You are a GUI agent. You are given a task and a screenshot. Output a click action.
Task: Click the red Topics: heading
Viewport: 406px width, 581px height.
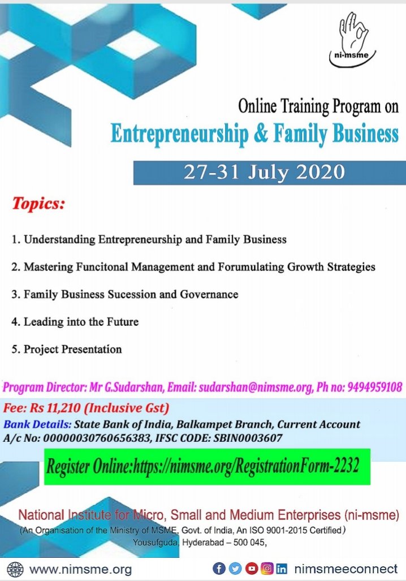click(x=39, y=204)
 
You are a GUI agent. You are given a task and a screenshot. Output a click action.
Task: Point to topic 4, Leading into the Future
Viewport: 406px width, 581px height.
click(x=81, y=322)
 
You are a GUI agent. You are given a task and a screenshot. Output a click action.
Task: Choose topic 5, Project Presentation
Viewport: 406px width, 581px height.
click(x=72, y=349)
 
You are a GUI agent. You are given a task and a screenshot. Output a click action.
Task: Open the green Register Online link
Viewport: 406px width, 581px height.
click(x=207, y=467)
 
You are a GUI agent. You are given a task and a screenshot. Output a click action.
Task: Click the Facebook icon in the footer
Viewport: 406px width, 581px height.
click(x=219, y=568)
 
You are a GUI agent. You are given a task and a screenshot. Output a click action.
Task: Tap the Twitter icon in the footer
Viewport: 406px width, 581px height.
click(x=235, y=568)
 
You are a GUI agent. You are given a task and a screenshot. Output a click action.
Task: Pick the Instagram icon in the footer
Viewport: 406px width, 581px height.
click(x=266, y=568)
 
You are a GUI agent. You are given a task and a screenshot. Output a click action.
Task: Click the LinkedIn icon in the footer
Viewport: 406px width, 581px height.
click(x=282, y=568)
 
